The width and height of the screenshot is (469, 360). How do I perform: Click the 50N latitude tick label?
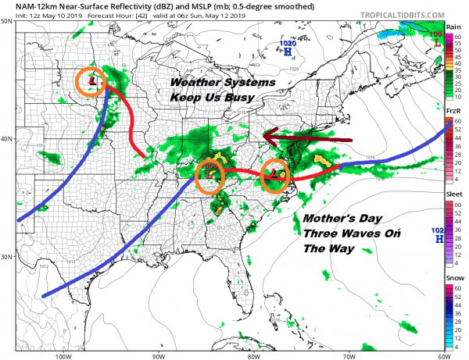click(x=7, y=21)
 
